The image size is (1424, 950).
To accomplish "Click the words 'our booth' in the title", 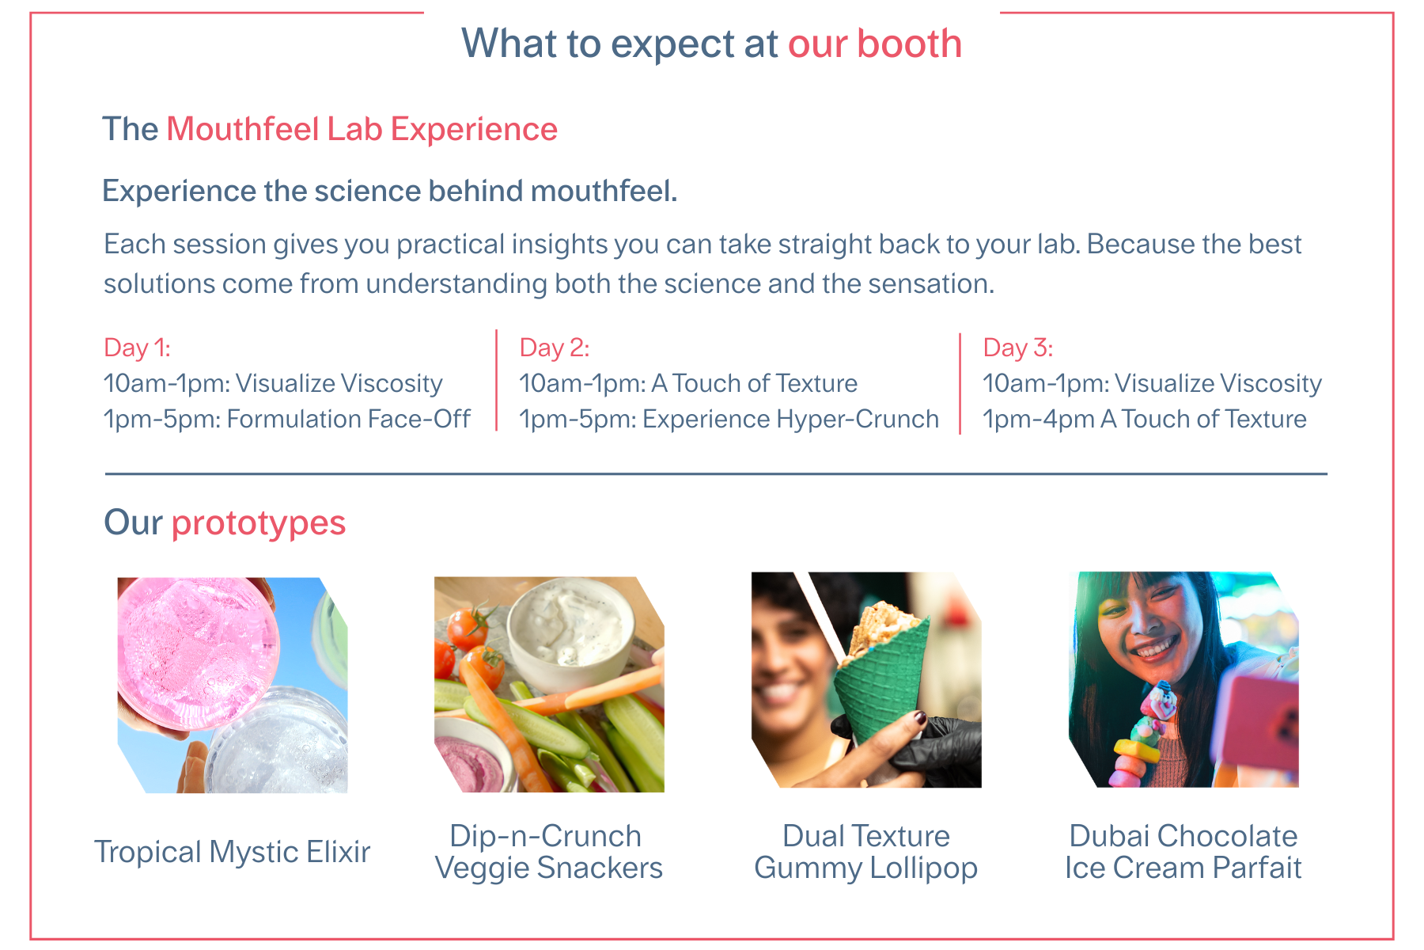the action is (874, 44).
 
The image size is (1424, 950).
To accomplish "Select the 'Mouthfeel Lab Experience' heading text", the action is (362, 130).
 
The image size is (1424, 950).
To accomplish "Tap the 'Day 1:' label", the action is (137, 348).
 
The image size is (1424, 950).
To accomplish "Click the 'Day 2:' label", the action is (554, 348).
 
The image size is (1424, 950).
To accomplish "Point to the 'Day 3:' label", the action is (1017, 348).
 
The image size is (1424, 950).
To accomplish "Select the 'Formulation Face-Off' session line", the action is (287, 419).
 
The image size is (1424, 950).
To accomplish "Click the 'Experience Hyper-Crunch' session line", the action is (729, 419).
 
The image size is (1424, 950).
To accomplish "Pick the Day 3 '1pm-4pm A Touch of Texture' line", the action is (1144, 419).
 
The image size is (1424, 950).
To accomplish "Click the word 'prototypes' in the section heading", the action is (259, 523).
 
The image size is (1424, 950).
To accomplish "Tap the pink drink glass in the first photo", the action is (197, 652).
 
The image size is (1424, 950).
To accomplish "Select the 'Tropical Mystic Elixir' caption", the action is (232, 853).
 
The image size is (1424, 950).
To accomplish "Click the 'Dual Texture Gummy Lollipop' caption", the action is (866, 852).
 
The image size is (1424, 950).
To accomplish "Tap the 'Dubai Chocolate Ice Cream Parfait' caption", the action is (1183, 852).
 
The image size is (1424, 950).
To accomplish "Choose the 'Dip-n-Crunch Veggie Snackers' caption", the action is (548, 852).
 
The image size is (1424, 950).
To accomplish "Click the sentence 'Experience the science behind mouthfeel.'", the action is (390, 192).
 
